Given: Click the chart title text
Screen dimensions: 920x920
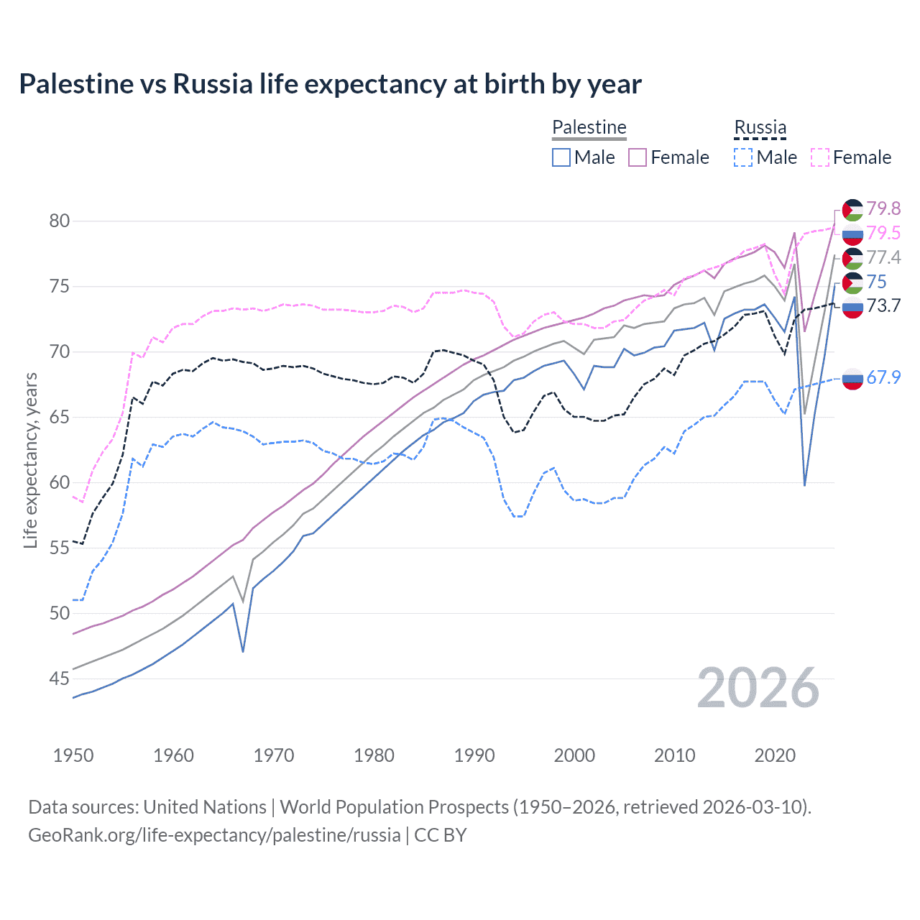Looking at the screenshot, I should pos(330,84).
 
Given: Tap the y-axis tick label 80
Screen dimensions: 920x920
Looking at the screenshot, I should pos(60,221).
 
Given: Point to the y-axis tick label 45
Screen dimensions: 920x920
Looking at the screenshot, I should pos(60,678).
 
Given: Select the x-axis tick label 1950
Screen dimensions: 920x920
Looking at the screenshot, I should pos(73,755).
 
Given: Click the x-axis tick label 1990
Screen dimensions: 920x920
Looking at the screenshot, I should pos(474,755).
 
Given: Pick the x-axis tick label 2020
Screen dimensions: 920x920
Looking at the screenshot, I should pos(775,755).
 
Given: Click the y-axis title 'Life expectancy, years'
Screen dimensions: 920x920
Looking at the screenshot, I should pos(30,460).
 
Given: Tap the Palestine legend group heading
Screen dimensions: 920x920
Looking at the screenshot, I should pos(589,127).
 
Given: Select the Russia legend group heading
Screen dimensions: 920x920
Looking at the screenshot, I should pos(760,127).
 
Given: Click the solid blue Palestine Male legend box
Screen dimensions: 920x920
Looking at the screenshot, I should pos(561,157).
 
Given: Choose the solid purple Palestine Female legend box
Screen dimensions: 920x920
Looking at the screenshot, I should pos(638,157).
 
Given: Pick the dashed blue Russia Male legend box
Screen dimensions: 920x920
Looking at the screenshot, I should pos(743,157).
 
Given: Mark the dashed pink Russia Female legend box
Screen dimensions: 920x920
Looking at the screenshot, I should pos(820,157).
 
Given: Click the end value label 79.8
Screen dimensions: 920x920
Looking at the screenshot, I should pos(883,208).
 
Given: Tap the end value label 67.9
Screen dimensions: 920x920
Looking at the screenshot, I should pos(883,377).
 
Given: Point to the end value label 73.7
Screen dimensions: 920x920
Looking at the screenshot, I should pos(883,306).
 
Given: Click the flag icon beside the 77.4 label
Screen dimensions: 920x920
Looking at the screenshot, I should pos(852,258).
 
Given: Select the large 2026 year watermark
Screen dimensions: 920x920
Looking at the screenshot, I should pos(758,688).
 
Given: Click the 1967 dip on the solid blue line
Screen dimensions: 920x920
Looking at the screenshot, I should pos(243,651).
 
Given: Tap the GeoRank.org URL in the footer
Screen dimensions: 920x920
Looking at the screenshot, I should pos(214,835).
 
